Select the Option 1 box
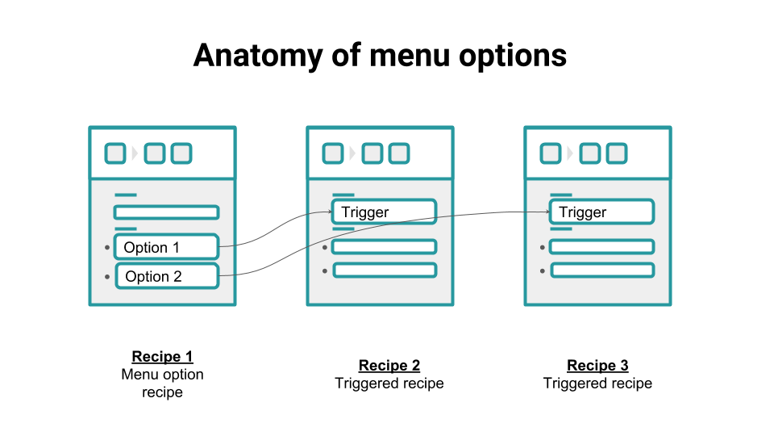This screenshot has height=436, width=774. [x=166, y=247]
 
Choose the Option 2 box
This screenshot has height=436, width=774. [x=167, y=276]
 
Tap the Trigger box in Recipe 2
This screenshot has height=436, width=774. [x=384, y=212]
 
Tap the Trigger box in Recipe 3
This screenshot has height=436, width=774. [x=601, y=212]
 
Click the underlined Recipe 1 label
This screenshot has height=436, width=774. [x=162, y=357]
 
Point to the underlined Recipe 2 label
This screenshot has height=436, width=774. [x=389, y=366]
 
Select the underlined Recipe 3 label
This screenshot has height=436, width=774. [x=597, y=366]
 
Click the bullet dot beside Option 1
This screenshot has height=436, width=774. [x=106, y=247]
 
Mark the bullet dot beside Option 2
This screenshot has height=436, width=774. [x=107, y=276]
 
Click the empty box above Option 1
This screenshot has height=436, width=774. [x=166, y=212]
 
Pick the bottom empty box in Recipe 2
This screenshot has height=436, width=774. [x=385, y=270]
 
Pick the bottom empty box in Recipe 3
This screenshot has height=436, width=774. [x=602, y=270]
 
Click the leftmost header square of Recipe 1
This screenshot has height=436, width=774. [x=115, y=153]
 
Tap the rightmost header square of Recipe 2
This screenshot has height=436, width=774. [x=398, y=153]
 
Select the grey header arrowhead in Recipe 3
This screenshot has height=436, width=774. [x=570, y=153]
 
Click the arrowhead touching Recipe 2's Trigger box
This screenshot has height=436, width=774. [x=330, y=212]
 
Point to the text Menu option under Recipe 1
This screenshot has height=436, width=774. [x=162, y=375]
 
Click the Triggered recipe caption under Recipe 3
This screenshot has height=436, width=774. [x=597, y=384]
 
